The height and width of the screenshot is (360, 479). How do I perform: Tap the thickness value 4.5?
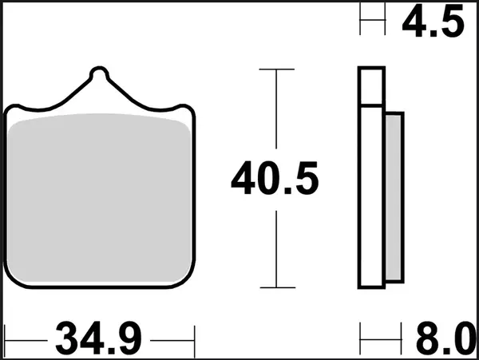[433, 22]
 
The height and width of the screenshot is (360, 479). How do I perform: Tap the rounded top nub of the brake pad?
[98, 75]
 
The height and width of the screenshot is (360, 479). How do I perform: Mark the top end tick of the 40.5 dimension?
[275, 70]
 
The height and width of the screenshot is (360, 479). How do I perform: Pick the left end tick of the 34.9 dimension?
[6, 338]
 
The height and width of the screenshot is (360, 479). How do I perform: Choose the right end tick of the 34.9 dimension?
[194, 338]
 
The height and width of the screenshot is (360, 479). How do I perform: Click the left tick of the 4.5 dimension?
[361, 21]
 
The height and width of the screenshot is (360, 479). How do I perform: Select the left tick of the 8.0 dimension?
[361, 338]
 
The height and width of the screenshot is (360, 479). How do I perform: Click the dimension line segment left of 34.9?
[28, 339]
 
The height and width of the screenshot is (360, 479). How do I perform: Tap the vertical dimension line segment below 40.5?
[275, 247]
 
